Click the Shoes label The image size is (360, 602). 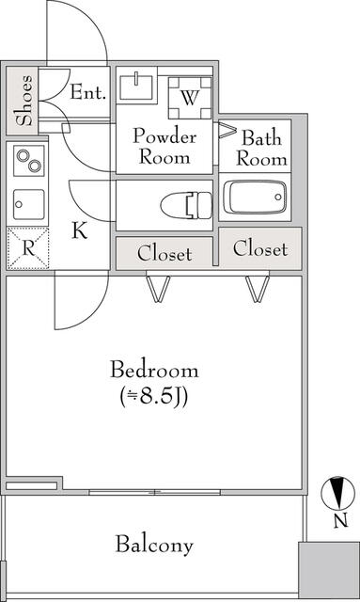23,101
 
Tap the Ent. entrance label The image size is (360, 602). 87,92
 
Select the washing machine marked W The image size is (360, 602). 190,98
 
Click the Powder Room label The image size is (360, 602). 164,147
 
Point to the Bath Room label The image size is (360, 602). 261,149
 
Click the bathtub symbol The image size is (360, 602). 256,197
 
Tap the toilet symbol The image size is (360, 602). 186,205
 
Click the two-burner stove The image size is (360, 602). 29,161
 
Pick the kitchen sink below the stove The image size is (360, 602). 29,204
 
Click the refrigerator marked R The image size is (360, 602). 28,248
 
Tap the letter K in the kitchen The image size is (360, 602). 80,230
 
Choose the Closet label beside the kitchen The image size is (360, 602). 164,254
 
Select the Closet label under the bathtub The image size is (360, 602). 260,248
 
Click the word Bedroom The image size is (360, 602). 154,370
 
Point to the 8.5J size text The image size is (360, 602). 153,397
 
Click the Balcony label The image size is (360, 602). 154,545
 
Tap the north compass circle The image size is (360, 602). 337,492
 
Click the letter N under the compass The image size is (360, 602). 340,521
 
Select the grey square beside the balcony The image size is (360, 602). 329,570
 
